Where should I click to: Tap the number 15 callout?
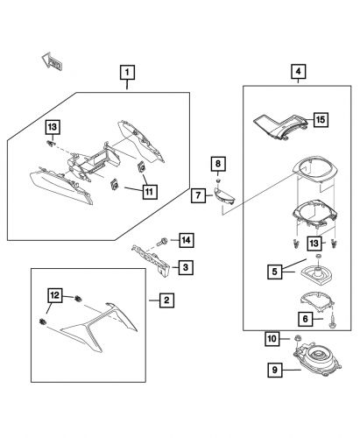pyautogui.click(x=321, y=118)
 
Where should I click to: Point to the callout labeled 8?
pyautogui.click(x=219, y=163)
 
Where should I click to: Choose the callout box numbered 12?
pyautogui.click(x=53, y=295)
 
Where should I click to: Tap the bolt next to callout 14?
pyautogui.click(x=164, y=241)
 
